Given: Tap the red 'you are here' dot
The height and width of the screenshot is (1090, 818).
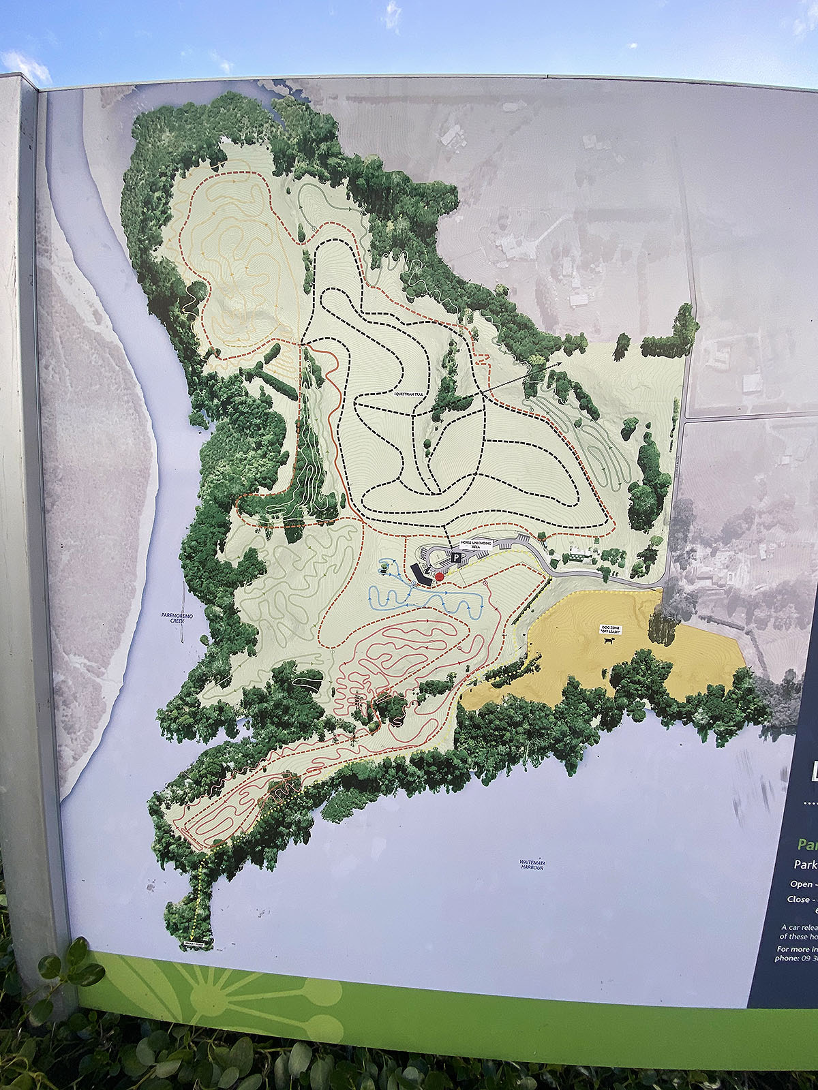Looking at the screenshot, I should tap(440, 576).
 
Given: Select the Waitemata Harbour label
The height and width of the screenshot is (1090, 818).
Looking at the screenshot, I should tap(532, 865).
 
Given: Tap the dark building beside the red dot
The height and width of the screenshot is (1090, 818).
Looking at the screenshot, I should tap(420, 575).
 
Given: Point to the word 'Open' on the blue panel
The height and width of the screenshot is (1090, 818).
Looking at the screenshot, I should tap(802, 884).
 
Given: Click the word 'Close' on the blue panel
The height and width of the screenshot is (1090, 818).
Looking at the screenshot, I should tap(799, 899).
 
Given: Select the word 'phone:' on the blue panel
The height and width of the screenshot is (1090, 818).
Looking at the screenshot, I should tap(787, 958).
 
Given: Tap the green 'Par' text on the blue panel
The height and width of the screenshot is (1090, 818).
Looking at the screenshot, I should tap(808, 845).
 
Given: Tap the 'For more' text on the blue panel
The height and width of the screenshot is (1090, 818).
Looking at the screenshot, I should tap(793, 949).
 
